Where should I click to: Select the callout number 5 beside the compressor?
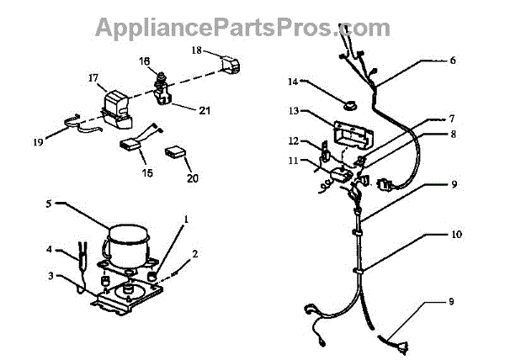pos(50,204)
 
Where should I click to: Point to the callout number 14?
pos(293,82)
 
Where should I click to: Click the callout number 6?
pos(453,61)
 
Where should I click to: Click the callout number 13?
pos(293,110)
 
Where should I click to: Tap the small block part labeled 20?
pos(177,151)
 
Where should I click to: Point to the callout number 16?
pos(144,61)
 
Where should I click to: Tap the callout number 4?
pos(50,249)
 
